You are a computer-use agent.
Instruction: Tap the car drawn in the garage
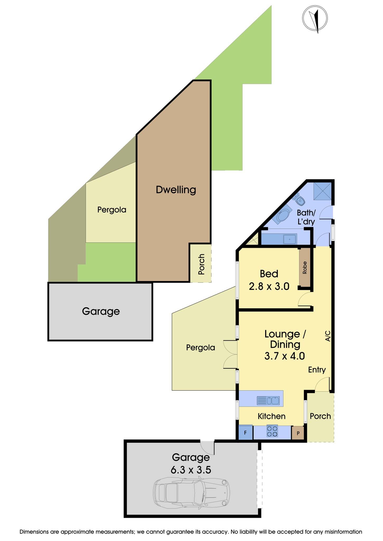[x=191, y=493]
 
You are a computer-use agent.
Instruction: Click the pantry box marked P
[x=298, y=433]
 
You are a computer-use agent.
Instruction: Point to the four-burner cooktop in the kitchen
[x=272, y=431]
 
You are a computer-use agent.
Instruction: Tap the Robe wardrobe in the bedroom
[x=305, y=267]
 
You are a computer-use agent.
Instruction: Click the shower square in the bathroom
[x=322, y=191]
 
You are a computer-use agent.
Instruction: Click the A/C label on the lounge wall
[x=328, y=336]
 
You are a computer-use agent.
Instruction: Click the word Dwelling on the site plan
[x=176, y=190]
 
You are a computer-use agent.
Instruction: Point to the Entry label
[x=317, y=370]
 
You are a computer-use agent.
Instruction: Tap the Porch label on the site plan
[x=201, y=264]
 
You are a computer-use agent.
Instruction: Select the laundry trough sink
[x=290, y=239]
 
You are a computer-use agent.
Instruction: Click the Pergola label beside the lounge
[x=200, y=347]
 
